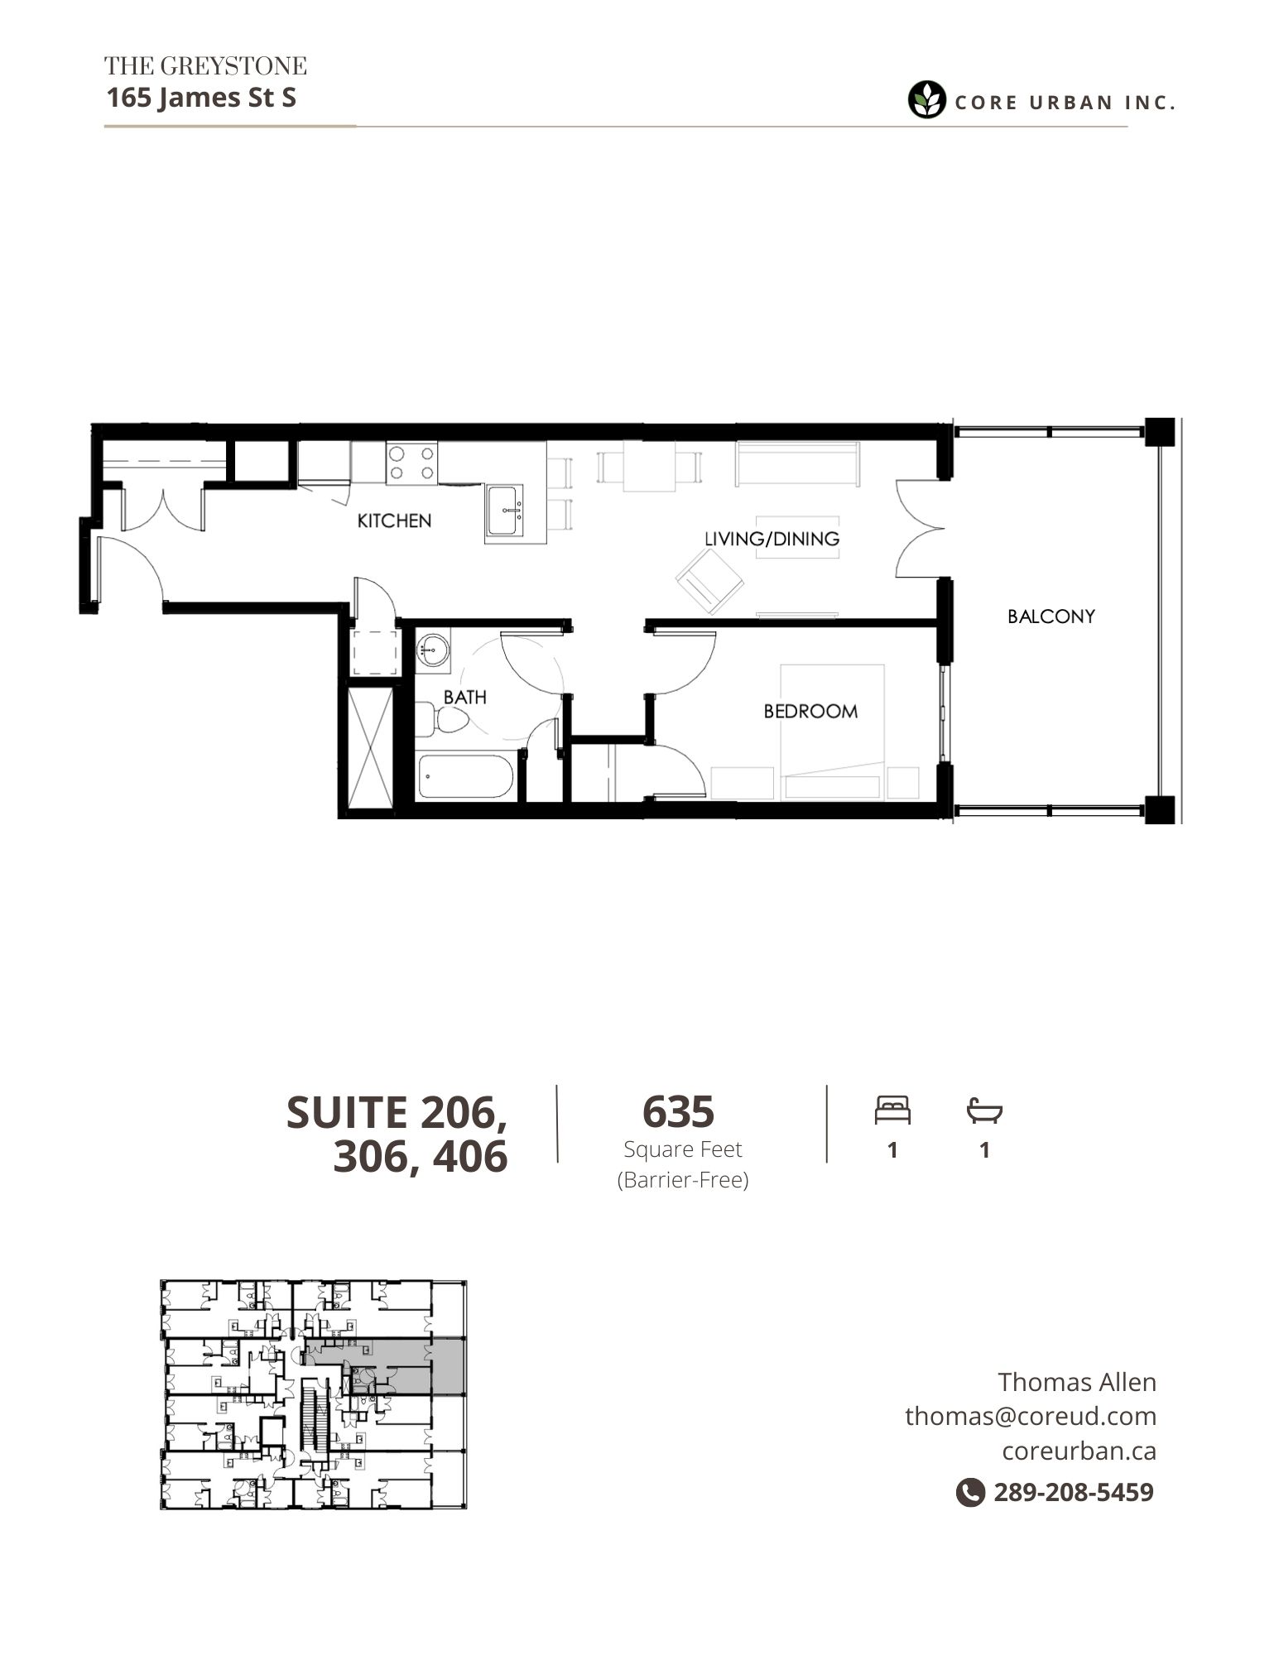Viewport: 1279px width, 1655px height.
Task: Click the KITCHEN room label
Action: pos(394,520)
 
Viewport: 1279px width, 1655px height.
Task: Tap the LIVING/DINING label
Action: pos(772,539)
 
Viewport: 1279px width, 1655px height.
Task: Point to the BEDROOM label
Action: pos(810,711)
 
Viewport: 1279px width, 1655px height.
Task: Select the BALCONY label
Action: pos(1051,616)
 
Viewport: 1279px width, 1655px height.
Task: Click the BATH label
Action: pos(464,698)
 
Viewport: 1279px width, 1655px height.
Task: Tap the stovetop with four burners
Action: pos(411,463)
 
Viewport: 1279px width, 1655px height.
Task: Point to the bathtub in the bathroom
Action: pos(465,776)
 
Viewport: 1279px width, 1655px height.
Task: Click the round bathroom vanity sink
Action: pos(432,650)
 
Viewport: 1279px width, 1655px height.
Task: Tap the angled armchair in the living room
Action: pos(709,583)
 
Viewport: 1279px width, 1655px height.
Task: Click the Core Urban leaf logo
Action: pos(926,100)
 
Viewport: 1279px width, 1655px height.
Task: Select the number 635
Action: pos(678,1111)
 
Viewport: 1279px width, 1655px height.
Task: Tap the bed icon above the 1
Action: pos(892,1110)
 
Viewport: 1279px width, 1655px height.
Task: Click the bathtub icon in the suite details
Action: pos(984,1111)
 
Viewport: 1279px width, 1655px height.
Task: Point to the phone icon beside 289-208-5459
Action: pos(969,1492)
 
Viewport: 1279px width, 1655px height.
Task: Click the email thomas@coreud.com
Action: pos(1031,1416)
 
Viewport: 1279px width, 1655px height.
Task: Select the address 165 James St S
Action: pos(201,98)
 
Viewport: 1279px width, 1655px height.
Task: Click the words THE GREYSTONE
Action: pos(205,65)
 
